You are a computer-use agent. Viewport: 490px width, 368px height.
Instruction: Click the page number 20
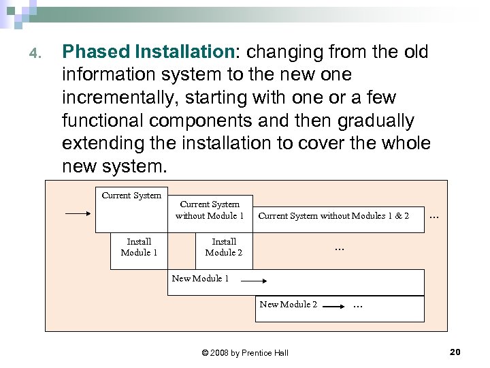[x=455, y=352]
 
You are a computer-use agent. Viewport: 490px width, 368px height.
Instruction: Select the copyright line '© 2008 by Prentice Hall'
[x=245, y=352]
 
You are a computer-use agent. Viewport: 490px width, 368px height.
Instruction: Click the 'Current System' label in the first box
[x=131, y=196]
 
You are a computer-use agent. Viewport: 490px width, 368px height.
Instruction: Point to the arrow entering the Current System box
[x=78, y=213]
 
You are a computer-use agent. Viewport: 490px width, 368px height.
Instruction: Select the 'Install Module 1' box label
[x=139, y=247]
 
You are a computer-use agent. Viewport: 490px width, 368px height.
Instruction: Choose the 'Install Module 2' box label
[x=224, y=247]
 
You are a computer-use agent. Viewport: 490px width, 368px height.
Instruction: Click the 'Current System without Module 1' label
[x=210, y=210]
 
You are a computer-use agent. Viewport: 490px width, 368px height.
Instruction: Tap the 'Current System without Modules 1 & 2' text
[x=333, y=216]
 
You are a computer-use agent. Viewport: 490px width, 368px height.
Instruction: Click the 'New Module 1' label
[x=200, y=278]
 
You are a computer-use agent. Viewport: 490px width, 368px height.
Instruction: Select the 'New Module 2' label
[x=288, y=305]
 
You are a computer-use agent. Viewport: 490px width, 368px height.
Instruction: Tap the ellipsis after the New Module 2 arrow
[x=358, y=307]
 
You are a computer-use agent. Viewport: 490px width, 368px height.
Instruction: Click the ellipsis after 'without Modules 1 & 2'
[x=434, y=217]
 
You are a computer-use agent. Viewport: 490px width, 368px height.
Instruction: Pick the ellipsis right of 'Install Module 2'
[x=339, y=249]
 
